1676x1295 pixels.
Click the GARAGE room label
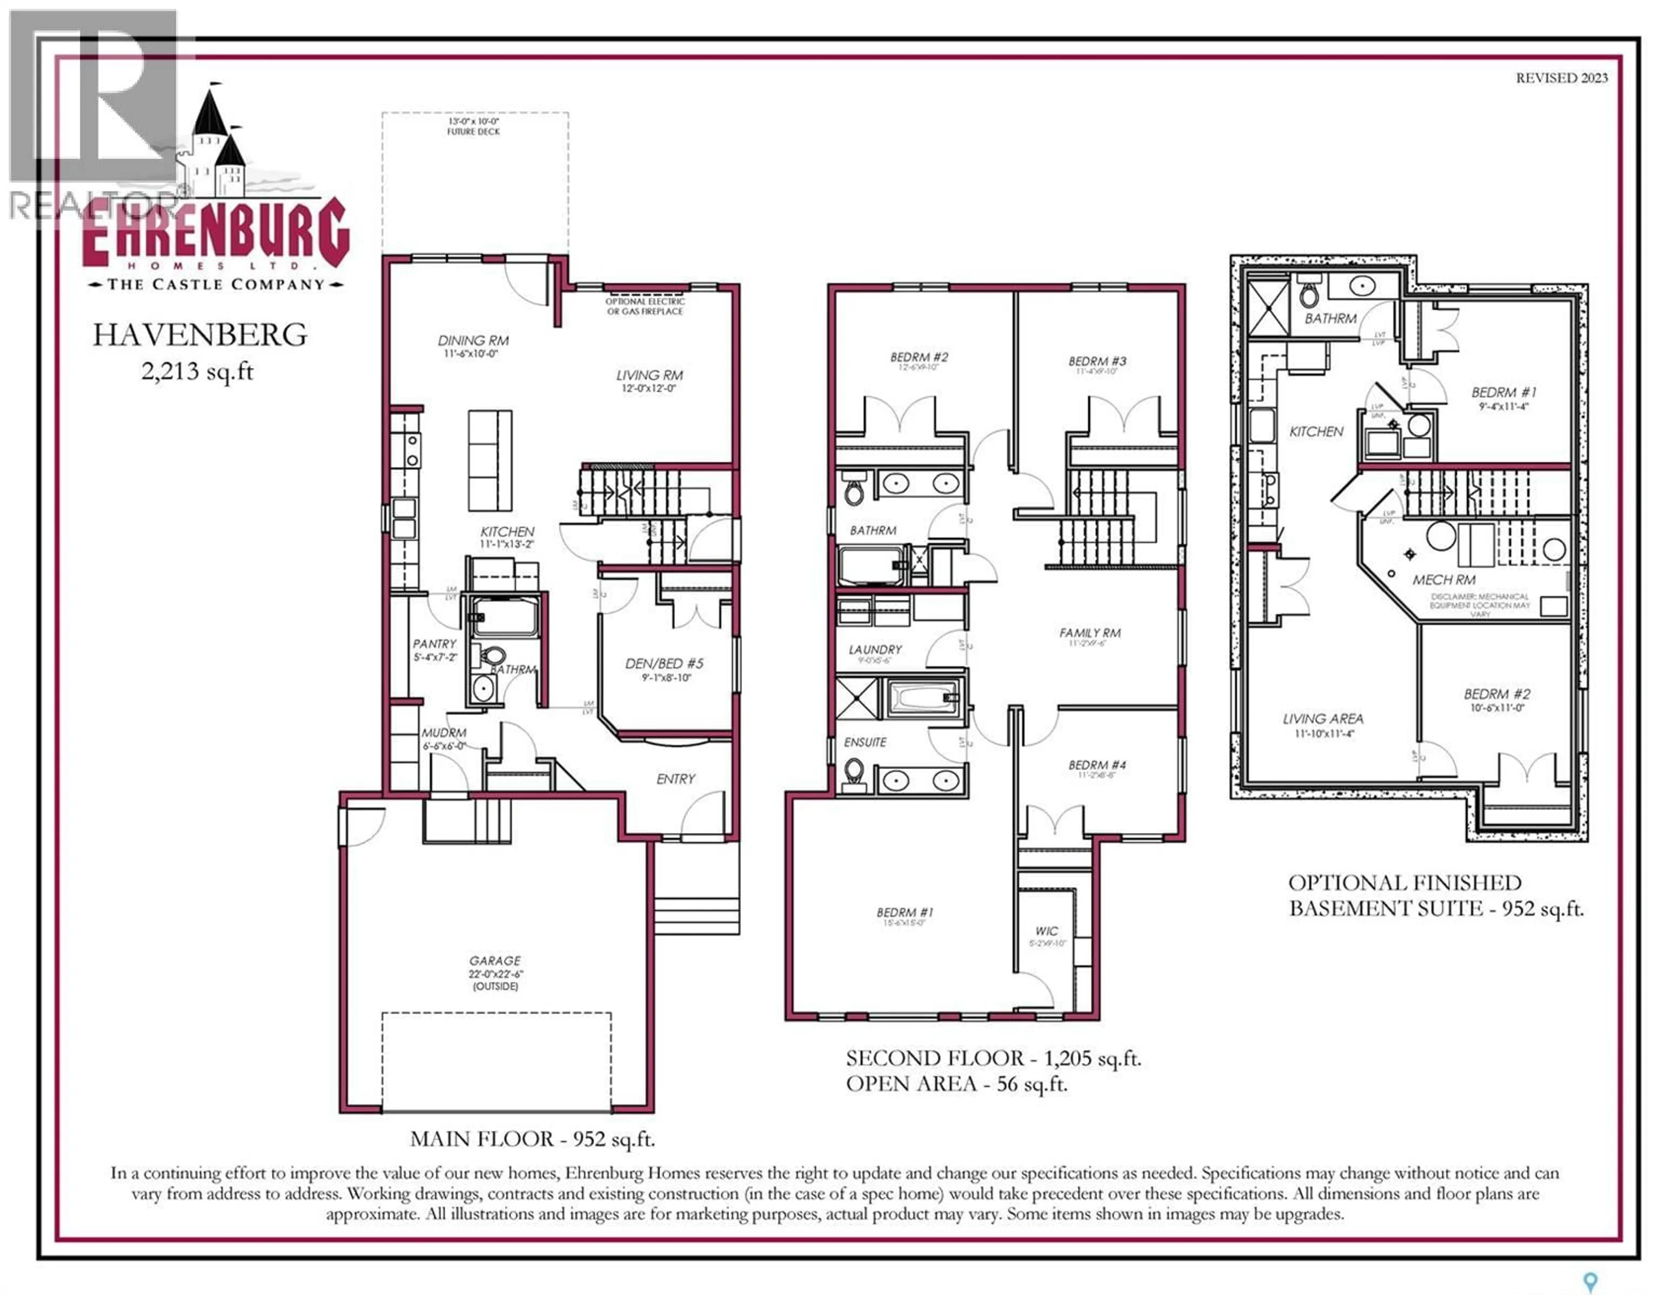pos(495,960)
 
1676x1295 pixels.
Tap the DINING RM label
pos(473,340)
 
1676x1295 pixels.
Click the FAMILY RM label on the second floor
pos(1090,632)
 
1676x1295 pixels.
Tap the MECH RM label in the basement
pos(1443,580)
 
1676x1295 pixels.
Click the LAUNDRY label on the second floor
pos(875,649)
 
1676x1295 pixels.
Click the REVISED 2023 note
pos(1562,78)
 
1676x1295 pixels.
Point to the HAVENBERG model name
pos(200,335)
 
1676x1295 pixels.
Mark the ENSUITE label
pos(865,742)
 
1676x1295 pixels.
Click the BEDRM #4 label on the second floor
pos(1097,765)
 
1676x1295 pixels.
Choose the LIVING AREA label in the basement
pos(1323,718)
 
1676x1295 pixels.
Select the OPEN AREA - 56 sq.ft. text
pos(956,1084)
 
